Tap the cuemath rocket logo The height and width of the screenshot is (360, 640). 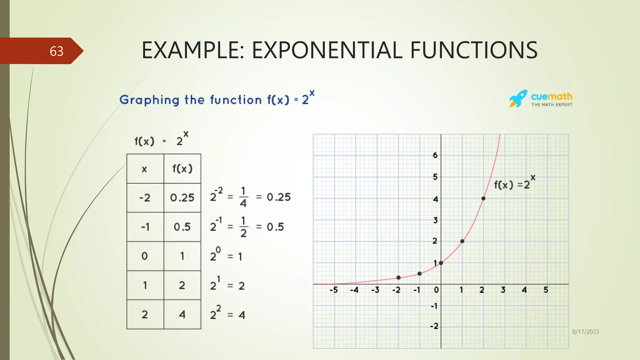tap(518, 99)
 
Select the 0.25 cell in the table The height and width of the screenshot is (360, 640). tap(182, 197)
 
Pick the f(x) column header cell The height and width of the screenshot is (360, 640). tap(182, 169)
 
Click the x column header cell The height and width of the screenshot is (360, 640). tap(144, 169)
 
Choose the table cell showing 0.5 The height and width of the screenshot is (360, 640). tap(182, 227)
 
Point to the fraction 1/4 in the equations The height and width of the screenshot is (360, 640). tap(243, 197)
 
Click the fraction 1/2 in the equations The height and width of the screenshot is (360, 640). tap(243, 227)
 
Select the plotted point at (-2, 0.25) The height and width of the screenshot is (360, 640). tap(398, 277)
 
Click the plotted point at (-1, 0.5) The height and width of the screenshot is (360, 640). tap(420, 274)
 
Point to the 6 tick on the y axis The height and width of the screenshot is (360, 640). tap(435, 155)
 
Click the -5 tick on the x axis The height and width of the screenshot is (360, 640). tap(334, 290)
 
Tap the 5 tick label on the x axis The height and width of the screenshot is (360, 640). tap(546, 290)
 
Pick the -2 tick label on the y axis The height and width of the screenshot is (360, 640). tap(434, 326)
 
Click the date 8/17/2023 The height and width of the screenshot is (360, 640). tap(585, 332)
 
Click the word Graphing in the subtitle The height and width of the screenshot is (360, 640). tap(149, 100)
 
